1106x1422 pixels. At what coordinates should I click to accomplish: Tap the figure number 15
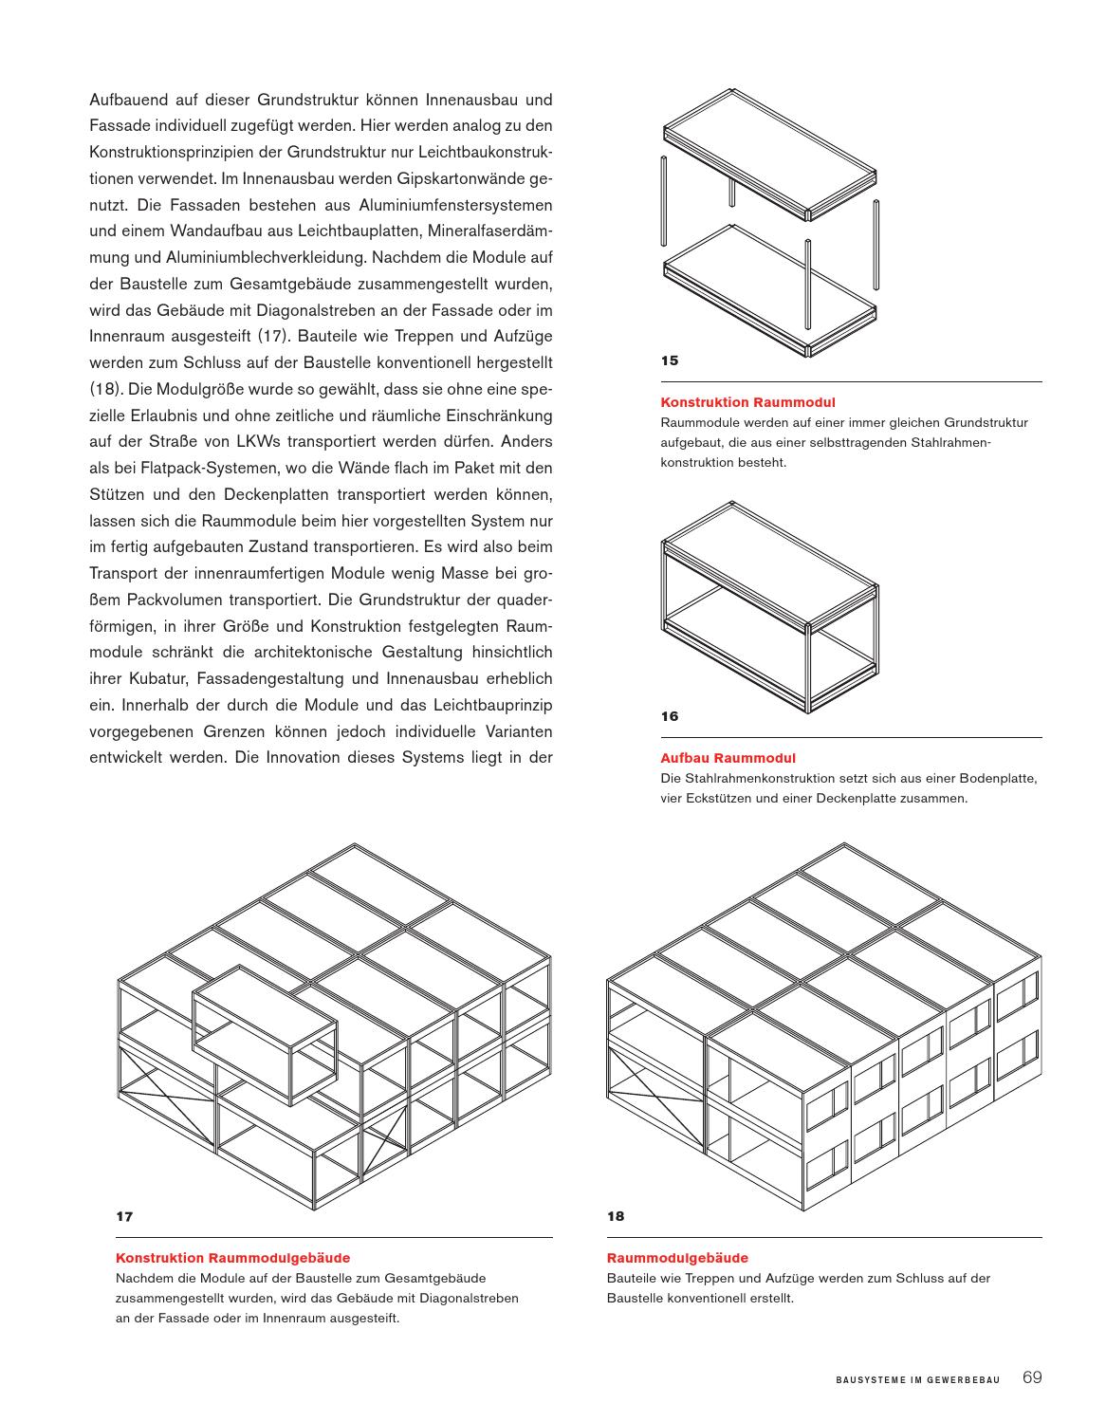[x=670, y=360]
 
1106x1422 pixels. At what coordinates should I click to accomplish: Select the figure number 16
[x=670, y=716]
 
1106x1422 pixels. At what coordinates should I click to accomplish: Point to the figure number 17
[x=124, y=1216]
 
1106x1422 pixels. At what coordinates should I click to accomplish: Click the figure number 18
[x=616, y=1216]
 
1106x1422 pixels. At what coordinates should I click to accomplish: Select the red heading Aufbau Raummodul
[x=728, y=758]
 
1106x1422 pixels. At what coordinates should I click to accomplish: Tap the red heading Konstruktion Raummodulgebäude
[x=232, y=1258]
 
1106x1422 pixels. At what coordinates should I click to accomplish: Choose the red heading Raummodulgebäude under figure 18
[x=677, y=1258]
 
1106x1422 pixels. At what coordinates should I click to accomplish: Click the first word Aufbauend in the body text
[x=129, y=100]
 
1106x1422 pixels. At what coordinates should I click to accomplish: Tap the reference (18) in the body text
[x=104, y=389]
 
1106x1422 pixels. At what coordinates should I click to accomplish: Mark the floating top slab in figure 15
[x=768, y=155]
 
